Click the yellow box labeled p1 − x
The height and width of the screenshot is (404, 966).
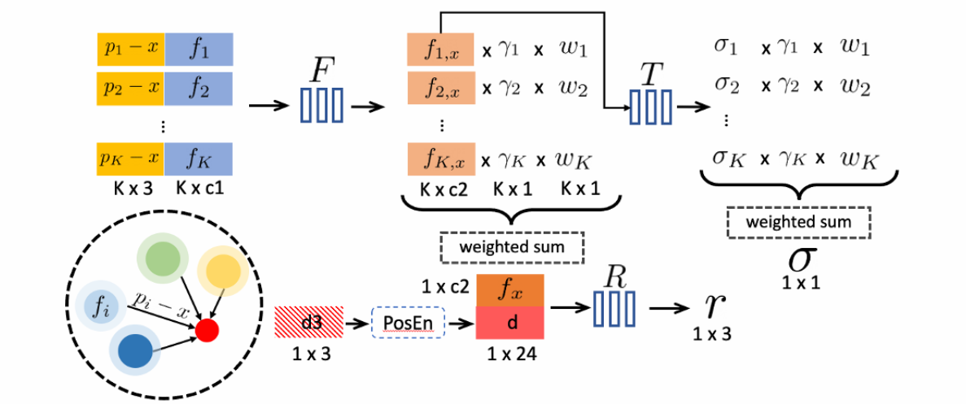pos(131,48)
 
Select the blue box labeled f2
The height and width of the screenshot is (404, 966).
pos(199,87)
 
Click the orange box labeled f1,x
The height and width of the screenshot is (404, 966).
pos(440,49)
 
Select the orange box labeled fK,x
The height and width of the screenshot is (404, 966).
pos(440,159)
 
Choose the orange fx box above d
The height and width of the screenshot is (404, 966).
pos(507,290)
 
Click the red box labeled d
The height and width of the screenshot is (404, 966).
pos(507,322)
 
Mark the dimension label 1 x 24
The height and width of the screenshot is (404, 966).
pos(506,353)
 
